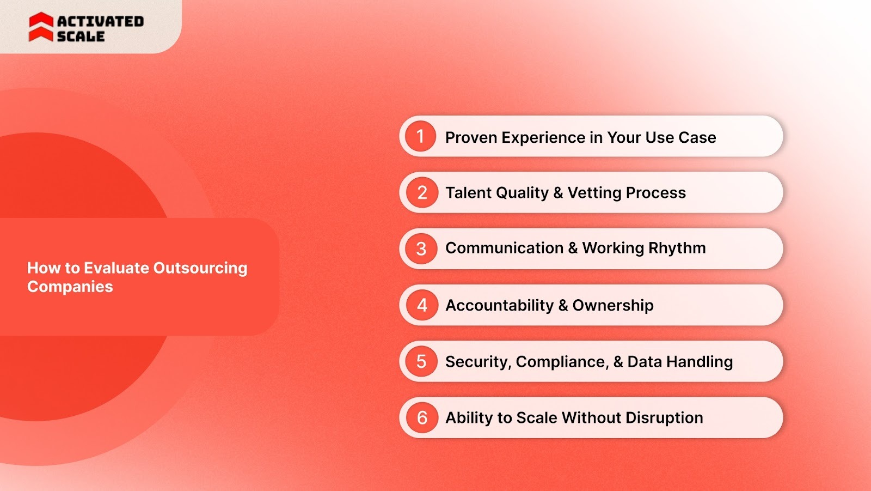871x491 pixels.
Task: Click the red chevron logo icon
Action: pyautogui.click(x=41, y=27)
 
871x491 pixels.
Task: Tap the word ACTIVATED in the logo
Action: pyautogui.click(x=101, y=21)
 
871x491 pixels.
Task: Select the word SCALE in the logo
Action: pyautogui.click(x=81, y=37)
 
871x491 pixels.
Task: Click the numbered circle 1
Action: pyautogui.click(x=420, y=136)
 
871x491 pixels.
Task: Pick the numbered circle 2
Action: pyautogui.click(x=422, y=192)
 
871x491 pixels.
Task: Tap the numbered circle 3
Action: pyautogui.click(x=421, y=249)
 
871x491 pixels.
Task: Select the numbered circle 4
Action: pyautogui.click(x=422, y=305)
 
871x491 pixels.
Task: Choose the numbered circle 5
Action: pyautogui.click(x=421, y=361)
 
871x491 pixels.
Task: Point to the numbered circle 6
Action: pyautogui.click(x=422, y=417)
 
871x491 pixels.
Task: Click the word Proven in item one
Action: pyautogui.click(x=471, y=137)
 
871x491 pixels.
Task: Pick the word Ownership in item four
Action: pyautogui.click(x=612, y=305)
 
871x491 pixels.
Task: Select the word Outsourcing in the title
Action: pyautogui.click(x=200, y=268)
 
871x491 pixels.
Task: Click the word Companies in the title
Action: pyautogui.click(x=70, y=287)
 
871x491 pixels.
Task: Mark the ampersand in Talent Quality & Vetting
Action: pyautogui.click(x=558, y=193)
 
